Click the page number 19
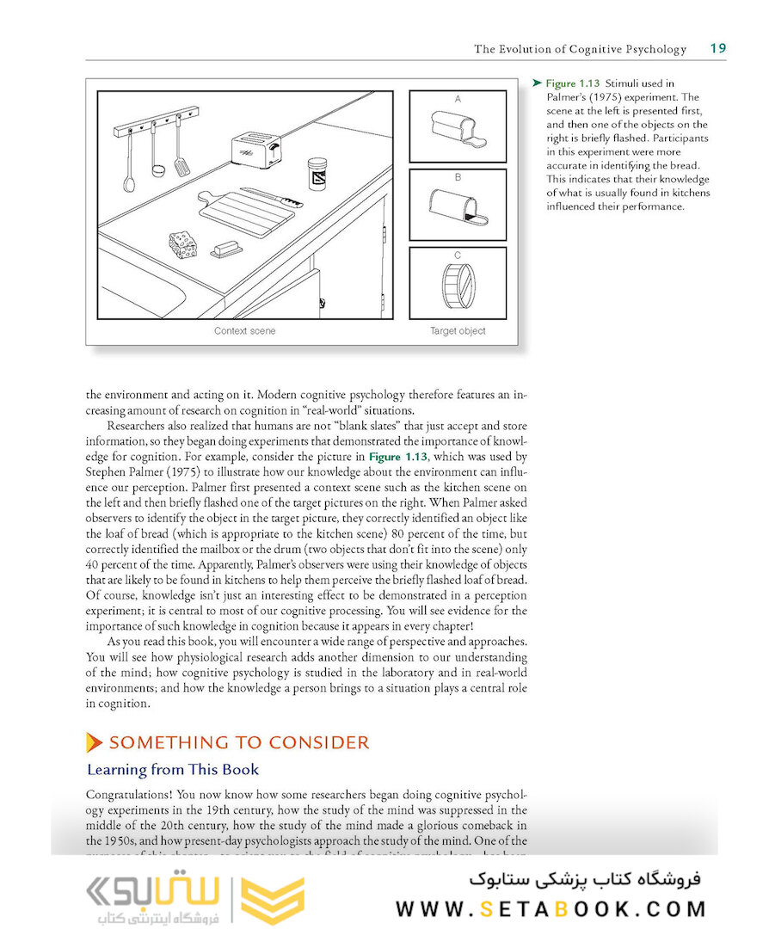click(717, 48)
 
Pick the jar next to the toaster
click(317, 174)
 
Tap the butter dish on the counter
click(226, 249)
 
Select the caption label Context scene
click(244, 331)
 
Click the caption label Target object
click(458, 331)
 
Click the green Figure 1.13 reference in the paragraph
click(397, 457)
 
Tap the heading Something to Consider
click(239, 742)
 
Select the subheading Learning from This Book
click(173, 770)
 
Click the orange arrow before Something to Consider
click(94, 742)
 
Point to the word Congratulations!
click(130, 796)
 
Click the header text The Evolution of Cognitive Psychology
click(580, 49)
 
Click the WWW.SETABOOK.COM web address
click(551, 909)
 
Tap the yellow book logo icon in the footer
click(272, 901)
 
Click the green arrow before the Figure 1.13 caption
click(537, 83)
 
